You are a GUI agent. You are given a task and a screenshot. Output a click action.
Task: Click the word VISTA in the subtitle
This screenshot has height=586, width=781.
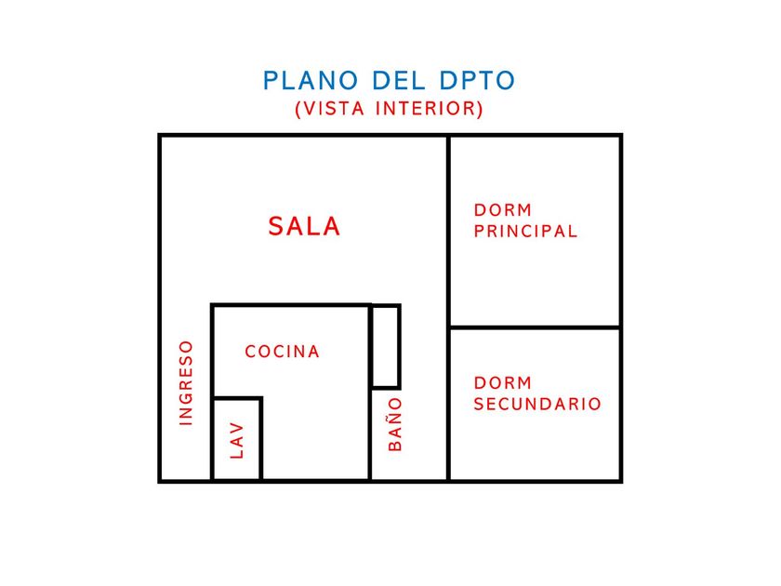[x=331, y=109]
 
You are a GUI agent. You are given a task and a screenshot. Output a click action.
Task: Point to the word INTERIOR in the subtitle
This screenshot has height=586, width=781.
[x=429, y=109]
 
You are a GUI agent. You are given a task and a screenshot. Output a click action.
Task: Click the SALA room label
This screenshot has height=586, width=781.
[x=304, y=226]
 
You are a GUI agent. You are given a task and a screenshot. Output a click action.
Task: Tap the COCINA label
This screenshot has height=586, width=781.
[x=283, y=352]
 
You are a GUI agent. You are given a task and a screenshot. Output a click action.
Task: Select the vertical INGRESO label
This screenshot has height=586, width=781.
[x=186, y=383]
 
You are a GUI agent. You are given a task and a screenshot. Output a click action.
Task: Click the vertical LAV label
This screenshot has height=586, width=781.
[x=237, y=440]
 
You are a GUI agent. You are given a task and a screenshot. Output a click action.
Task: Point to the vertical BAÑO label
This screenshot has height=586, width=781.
[x=396, y=424]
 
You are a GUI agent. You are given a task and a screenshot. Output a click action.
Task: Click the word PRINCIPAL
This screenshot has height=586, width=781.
[x=525, y=232]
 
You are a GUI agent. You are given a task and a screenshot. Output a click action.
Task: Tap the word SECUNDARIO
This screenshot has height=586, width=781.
[x=537, y=405]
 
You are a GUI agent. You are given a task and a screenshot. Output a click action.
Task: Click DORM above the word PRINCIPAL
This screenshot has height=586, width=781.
[x=503, y=210]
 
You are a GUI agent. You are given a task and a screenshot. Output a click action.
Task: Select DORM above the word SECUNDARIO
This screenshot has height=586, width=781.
[x=503, y=382]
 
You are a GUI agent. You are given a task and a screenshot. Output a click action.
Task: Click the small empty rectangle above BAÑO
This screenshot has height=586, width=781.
[x=386, y=346]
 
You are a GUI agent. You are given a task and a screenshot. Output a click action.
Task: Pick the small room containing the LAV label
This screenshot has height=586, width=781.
[x=237, y=439]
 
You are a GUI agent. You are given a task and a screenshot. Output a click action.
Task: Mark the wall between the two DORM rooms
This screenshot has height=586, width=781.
[x=535, y=327]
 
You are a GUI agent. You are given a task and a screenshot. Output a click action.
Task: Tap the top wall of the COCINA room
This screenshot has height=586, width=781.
[x=291, y=305]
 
